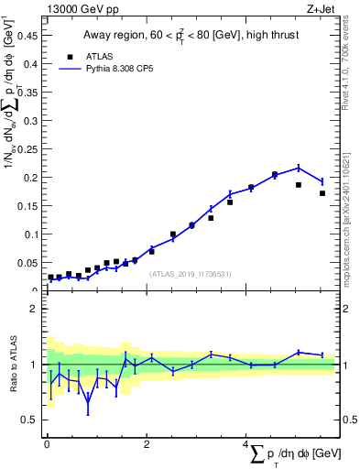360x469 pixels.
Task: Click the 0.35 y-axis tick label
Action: point(29,93)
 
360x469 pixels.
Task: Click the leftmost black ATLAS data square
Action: point(50,277)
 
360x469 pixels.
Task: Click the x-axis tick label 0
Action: point(47,444)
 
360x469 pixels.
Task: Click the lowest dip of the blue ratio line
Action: point(88,402)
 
